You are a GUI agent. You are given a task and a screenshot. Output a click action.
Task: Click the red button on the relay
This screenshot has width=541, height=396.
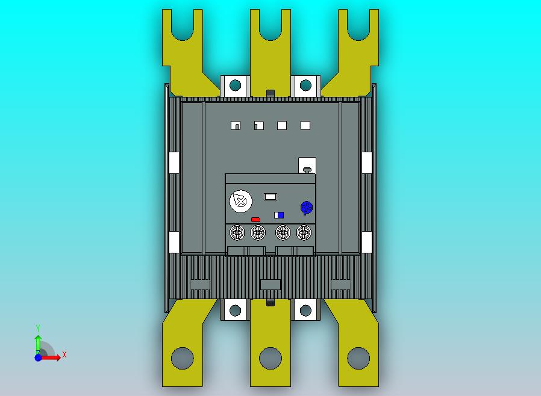click(255, 220)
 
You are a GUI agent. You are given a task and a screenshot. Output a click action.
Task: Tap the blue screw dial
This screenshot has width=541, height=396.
click(307, 208)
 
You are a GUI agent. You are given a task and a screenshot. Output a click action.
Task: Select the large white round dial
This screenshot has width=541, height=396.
click(241, 201)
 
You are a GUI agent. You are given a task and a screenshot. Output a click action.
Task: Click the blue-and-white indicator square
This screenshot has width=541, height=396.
click(279, 215)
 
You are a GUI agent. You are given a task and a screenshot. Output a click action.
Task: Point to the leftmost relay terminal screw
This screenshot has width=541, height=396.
click(237, 233)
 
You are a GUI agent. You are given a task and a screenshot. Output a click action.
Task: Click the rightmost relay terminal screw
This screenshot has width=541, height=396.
click(304, 233)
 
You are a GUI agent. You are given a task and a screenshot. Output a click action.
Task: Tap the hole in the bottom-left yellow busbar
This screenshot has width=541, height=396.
click(182, 358)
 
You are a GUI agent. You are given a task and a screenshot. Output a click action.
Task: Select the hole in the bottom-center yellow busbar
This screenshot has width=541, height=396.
click(270, 358)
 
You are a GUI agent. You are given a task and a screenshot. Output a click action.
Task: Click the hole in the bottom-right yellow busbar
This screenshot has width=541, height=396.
click(358, 358)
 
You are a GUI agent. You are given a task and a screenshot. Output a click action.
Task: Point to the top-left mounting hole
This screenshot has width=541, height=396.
click(236, 85)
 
